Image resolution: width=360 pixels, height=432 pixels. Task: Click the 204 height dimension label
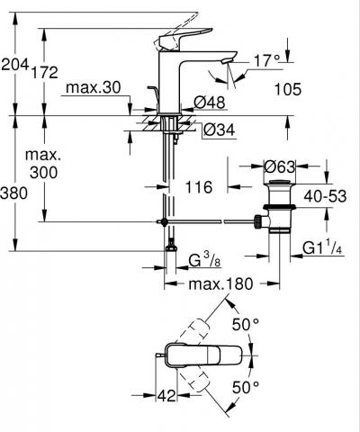(15, 64)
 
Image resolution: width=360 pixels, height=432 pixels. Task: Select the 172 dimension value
(45, 72)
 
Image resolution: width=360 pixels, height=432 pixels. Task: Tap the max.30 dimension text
(94, 87)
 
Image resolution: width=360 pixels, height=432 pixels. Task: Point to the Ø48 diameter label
(210, 103)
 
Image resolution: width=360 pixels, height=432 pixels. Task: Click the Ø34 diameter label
(220, 130)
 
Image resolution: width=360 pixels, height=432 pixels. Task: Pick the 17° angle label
(267, 61)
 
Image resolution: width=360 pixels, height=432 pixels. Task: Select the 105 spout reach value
(288, 89)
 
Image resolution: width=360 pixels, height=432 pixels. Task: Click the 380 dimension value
(13, 193)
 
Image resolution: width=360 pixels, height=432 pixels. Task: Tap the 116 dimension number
(199, 187)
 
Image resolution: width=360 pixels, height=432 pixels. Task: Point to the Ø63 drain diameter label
(280, 166)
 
